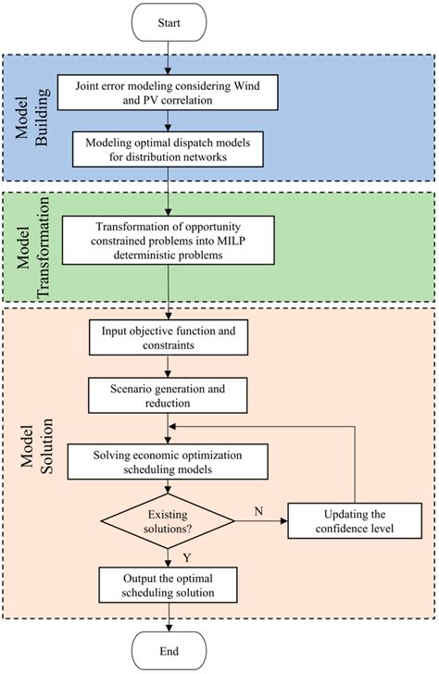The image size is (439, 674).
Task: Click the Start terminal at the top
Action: tap(168, 21)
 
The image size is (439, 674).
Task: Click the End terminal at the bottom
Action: tap(168, 651)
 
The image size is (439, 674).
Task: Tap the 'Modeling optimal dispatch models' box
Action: tap(168, 146)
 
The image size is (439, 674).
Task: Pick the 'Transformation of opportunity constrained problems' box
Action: tap(168, 242)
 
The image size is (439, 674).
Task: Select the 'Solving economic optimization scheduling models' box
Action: tap(168, 461)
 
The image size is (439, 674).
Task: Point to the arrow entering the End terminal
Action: tap(168, 618)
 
